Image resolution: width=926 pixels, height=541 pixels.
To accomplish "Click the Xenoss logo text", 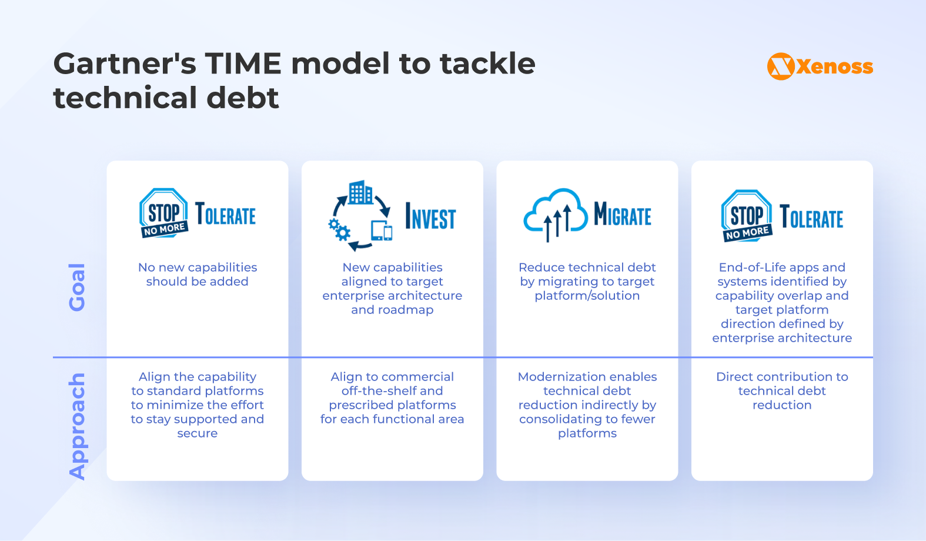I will click(x=834, y=66).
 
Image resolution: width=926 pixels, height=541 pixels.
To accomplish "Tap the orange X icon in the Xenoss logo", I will click(x=781, y=66).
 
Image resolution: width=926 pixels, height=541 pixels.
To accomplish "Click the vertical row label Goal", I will click(x=77, y=287).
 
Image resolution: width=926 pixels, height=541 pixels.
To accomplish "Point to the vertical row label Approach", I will click(x=77, y=426).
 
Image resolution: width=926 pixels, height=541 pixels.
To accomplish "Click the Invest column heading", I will click(x=430, y=217).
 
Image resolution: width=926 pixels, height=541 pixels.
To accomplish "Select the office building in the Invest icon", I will click(x=360, y=193).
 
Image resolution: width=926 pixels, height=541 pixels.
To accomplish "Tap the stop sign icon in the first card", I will click(x=163, y=213).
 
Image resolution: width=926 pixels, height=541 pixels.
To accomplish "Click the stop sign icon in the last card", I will click(x=746, y=216).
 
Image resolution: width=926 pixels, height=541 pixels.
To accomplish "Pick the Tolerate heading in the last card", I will click(x=811, y=217).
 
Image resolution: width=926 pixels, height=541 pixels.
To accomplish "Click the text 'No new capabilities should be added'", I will click(x=198, y=274).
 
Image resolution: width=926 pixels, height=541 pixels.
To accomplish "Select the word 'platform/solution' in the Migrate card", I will click(x=587, y=295).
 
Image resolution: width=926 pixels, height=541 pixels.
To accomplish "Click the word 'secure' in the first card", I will click(x=198, y=433).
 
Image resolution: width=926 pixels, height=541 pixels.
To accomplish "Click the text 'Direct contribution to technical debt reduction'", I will click(x=782, y=390).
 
